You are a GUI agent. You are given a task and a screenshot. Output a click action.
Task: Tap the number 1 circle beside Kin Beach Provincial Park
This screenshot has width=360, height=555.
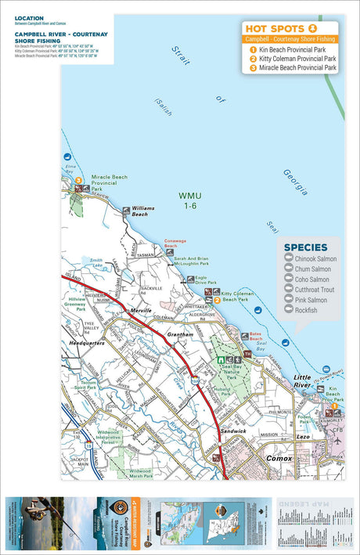[253, 49]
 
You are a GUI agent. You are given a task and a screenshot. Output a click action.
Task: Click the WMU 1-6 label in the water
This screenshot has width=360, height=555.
[190, 200]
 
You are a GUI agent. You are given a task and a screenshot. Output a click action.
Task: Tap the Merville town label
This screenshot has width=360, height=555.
[142, 311]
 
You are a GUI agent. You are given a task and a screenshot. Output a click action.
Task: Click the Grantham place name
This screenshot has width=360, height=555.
[179, 334]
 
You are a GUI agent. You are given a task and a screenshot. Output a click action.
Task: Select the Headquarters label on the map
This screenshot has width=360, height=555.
[87, 343]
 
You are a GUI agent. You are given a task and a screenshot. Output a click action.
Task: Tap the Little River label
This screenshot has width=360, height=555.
[301, 381]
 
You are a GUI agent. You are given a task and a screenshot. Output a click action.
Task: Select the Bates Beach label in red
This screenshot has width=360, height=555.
[261, 336]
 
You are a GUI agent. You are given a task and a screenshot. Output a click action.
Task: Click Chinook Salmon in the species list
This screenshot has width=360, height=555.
[316, 258]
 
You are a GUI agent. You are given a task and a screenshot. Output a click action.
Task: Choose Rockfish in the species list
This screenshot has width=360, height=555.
[307, 310]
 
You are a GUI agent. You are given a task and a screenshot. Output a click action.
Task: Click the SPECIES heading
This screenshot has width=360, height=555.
[305, 247]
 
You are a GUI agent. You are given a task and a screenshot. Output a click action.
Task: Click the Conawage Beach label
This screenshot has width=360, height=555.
[175, 243]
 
